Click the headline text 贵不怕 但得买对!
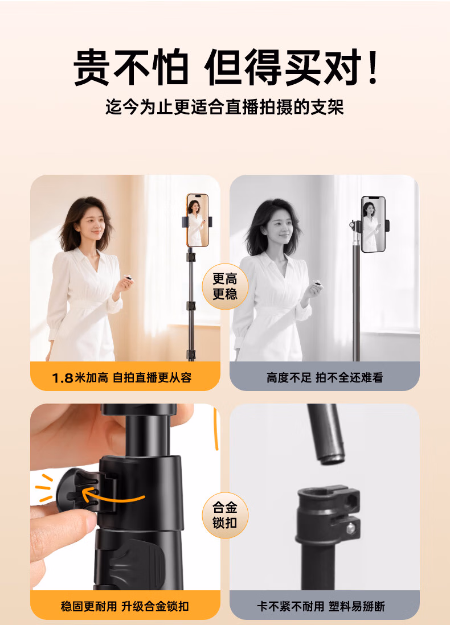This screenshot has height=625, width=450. [x=226, y=67]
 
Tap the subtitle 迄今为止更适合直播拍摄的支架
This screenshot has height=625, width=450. [x=224, y=107]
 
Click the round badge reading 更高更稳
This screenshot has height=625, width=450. [x=225, y=286]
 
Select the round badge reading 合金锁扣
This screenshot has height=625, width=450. [x=225, y=515]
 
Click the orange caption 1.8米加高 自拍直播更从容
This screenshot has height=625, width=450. [x=122, y=377]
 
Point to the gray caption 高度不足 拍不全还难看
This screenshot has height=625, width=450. [x=325, y=377]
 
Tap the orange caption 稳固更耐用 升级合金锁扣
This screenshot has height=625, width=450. [x=125, y=606]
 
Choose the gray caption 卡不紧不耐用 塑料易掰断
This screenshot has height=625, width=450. [x=321, y=606]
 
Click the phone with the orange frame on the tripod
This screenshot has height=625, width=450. [x=198, y=220]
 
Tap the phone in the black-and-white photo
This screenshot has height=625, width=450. [x=374, y=224]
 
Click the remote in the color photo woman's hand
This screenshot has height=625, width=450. [x=128, y=277]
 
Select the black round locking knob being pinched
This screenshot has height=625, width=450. [x=76, y=490]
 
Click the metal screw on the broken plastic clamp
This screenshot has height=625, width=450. [x=351, y=528]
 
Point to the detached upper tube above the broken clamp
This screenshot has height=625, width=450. [x=325, y=434]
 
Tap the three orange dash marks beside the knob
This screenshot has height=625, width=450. [x=44, y=488]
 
